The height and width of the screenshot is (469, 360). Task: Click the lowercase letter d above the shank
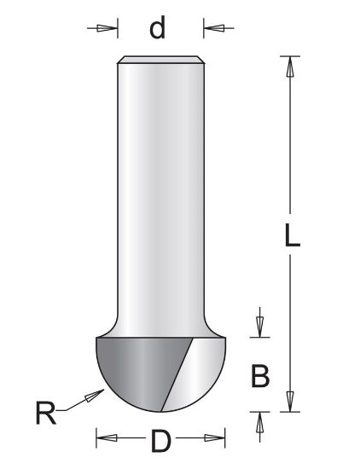click(157, 28)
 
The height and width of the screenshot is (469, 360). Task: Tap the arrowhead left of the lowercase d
click(106, 28)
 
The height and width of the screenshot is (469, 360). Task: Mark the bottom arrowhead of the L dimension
click(293, 400)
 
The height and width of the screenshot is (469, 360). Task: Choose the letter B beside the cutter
click(262, 374)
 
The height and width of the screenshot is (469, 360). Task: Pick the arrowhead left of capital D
click(106, 441)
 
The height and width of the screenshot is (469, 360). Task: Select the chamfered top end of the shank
click(160, 59)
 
